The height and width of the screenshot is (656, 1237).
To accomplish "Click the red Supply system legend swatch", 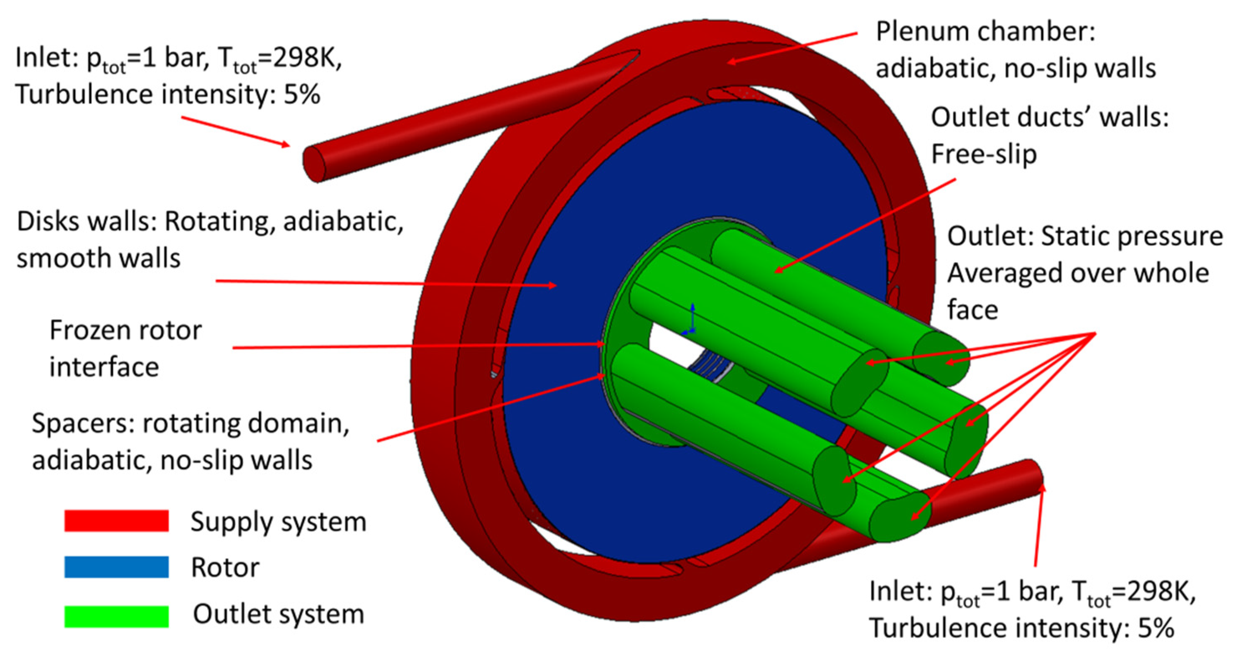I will tap(116, 521).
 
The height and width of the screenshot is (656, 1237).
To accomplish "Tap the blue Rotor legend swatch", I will tap(116, 567).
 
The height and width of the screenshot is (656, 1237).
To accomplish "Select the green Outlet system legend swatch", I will tap(116, 616).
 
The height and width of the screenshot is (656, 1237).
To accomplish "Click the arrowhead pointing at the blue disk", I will tap(553, 285).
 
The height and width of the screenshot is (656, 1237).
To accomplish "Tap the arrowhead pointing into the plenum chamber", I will tap(731, 61).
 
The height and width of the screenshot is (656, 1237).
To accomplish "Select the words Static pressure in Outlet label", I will tap(1131, 237).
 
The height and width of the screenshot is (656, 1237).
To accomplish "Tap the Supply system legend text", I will tap(278, 522).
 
